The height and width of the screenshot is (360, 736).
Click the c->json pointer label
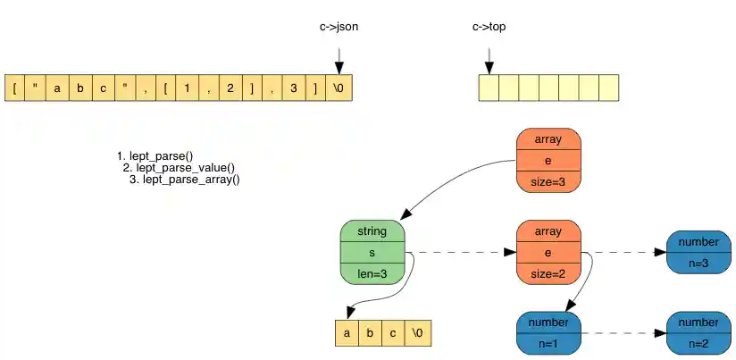[339, 27]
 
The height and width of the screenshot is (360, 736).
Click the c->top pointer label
[489, 27]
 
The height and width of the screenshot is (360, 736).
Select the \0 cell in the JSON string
[340, 88]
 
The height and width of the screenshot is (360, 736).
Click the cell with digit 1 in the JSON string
[187, 88]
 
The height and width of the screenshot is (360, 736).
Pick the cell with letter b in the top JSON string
[79, 88]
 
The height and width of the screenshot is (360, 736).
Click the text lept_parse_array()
[190, 180]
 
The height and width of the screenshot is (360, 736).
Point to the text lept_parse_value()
[185, 168]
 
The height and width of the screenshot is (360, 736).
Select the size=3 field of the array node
[548, 181]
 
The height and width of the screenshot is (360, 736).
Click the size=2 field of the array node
[548, 274]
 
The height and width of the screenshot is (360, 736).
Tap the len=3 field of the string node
[372, 274]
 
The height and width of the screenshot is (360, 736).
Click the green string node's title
[372, 231]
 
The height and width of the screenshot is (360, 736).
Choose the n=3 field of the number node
[698, 264]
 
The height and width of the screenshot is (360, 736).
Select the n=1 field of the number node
[548, 343]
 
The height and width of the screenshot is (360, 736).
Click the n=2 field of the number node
[698, 343]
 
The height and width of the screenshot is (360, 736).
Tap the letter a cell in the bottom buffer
[346, 333]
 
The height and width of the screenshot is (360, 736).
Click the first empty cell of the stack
[489, 88]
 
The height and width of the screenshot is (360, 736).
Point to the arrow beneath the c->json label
[339, 59]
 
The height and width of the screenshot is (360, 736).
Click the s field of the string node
[372, 253]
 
